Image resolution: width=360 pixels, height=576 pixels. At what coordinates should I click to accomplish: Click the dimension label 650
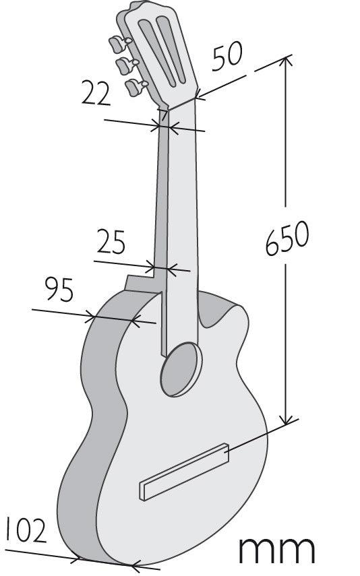tap(287, 238)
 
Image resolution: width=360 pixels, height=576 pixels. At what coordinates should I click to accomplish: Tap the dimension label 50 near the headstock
tap(227, 55)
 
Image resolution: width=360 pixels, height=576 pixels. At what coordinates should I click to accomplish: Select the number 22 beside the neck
tap(96, 94)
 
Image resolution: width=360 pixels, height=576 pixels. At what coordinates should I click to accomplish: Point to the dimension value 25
tap(111, 242)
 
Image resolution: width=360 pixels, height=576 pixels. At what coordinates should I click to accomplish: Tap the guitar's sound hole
tap(181, 369)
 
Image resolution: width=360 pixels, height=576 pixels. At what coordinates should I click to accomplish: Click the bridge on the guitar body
tap(184, 472)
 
